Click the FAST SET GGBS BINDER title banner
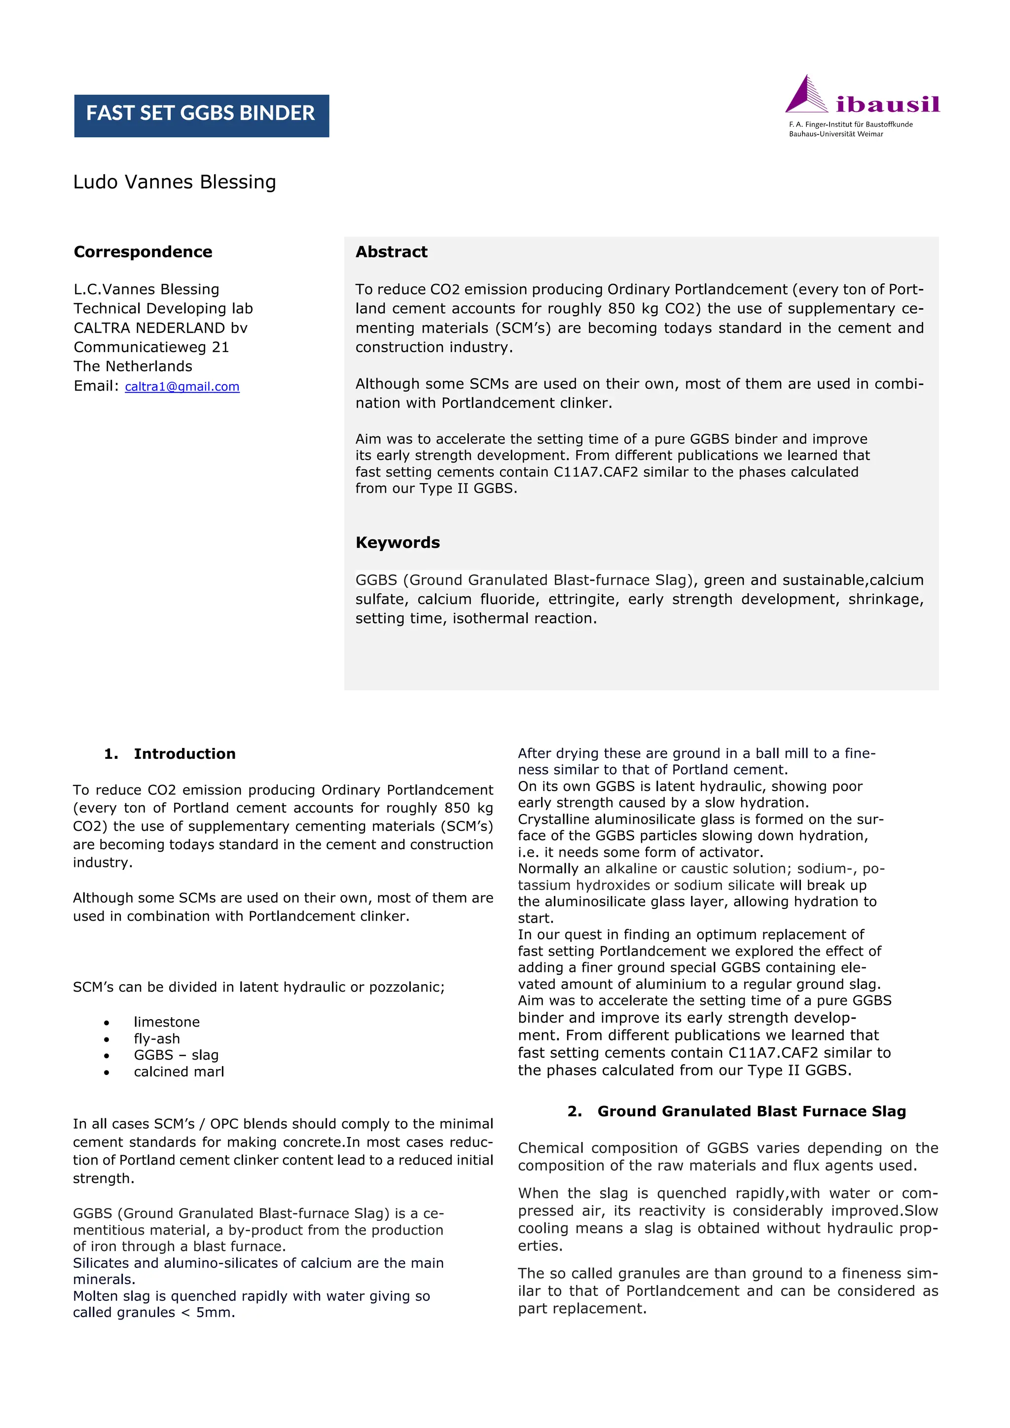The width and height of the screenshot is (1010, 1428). (x=201, y=116)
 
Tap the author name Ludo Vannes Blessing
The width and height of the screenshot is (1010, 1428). (x=174, y=182)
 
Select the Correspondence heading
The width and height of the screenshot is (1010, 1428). (x=143, y=252)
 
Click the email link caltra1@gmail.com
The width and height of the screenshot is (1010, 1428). (x=181, y=387)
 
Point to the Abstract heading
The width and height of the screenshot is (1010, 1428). (x=391, y=252)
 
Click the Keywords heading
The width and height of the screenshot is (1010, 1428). (x=397, y=542)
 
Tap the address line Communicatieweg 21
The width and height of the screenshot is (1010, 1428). (x=151, y=347)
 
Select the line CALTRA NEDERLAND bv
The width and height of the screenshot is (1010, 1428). (x=160, y=328)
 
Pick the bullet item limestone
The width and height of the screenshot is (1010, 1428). (x=167, y=1022)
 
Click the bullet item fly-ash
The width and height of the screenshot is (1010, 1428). (x=157, y=1038)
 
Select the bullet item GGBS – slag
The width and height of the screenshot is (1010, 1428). (x=176, y=1055)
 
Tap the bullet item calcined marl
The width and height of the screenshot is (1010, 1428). (x=179, y=1071)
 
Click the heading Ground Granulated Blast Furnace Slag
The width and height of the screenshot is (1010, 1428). (x=751, y=1111)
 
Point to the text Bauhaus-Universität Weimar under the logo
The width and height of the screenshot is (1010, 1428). (x=836, y=134)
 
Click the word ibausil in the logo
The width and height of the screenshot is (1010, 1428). (x=888, y=105)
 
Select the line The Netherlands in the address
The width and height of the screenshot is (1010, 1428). (x=133, y=366)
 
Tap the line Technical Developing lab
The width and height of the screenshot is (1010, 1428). (x=163, y=309)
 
